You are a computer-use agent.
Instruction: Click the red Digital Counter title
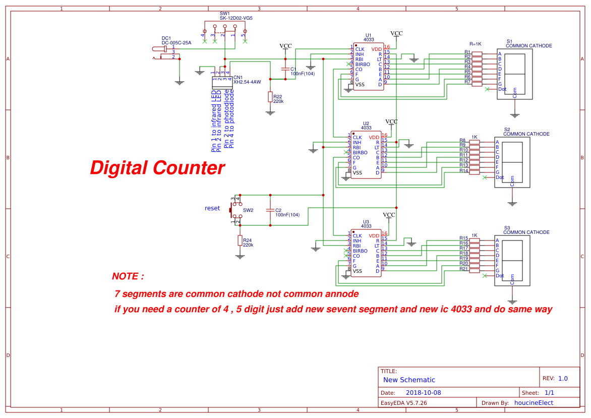(157, 168)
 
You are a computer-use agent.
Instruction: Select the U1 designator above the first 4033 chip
(369, 35)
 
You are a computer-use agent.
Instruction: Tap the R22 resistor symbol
(270, 96)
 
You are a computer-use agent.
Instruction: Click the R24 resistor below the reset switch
(240, 241)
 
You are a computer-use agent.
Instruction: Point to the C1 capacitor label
(293, 69)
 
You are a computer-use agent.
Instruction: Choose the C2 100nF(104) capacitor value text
(287, 215)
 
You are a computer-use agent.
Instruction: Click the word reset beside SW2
(212, 208)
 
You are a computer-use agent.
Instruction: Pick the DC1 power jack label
(166, 38)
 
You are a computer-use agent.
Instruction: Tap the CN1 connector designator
(238, 77)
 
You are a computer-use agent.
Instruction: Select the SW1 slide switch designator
(224, 13)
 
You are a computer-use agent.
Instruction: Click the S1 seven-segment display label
(509, 41)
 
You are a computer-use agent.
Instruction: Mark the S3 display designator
(507, 228)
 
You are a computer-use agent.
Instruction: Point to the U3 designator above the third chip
(366, 221)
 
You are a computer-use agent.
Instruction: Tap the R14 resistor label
(463, 170)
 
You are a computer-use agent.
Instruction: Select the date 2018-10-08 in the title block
(424, 392)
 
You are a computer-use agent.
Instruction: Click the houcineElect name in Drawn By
(534, 402)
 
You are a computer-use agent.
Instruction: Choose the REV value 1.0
(563, 378)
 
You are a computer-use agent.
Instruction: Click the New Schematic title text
(409, 380)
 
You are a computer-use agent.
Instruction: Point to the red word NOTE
(128, 276)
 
